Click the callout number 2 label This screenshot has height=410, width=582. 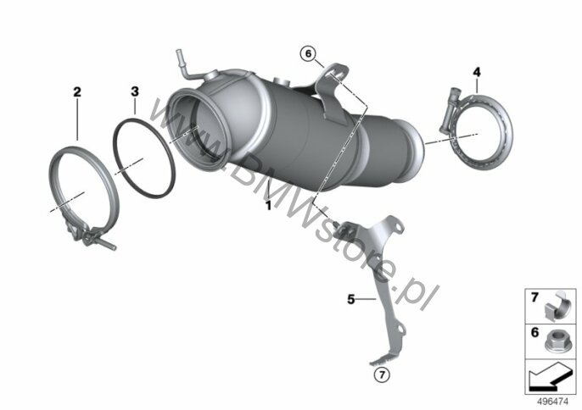[x=77, y=91]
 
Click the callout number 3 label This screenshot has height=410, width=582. [x=135, y=91]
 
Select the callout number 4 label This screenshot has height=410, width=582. [x=477, y=72]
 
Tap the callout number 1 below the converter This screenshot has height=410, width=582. [x=268, y=206]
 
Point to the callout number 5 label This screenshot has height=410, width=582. [x=351, y=299]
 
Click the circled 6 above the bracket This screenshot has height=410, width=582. [x=309, y=54]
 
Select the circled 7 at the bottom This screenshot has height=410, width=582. [x=383, y=375]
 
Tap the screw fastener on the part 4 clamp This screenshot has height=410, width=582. [x=448, y=110]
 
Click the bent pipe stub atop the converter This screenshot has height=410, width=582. [x=186, y=65]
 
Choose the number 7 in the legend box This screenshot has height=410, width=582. [x=534, y=297]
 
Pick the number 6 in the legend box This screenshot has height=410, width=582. [x=534, y=333]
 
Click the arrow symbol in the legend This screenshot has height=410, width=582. [x=550, y=377]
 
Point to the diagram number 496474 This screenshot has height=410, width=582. [x=552, y=402]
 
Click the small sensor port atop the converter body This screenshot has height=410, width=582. [x=281, y=81]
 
